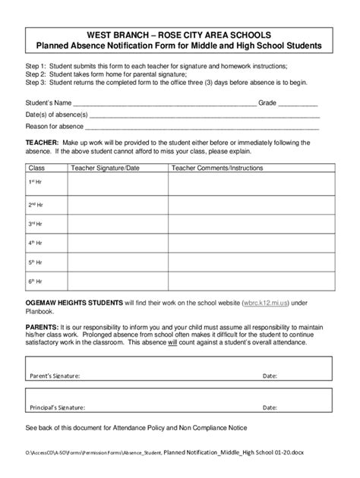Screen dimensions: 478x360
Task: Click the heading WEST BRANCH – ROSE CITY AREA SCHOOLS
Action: pos(179,36)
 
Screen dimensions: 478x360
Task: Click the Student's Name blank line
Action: pos(164,103)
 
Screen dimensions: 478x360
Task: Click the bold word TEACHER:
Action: pos(42,143)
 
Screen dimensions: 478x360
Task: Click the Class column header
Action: pos(37,168)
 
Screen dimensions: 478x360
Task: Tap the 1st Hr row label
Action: pos(36,183)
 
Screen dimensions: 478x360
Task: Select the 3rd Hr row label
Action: pos(36,225)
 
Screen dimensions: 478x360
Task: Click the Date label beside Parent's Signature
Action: pos(270,376)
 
